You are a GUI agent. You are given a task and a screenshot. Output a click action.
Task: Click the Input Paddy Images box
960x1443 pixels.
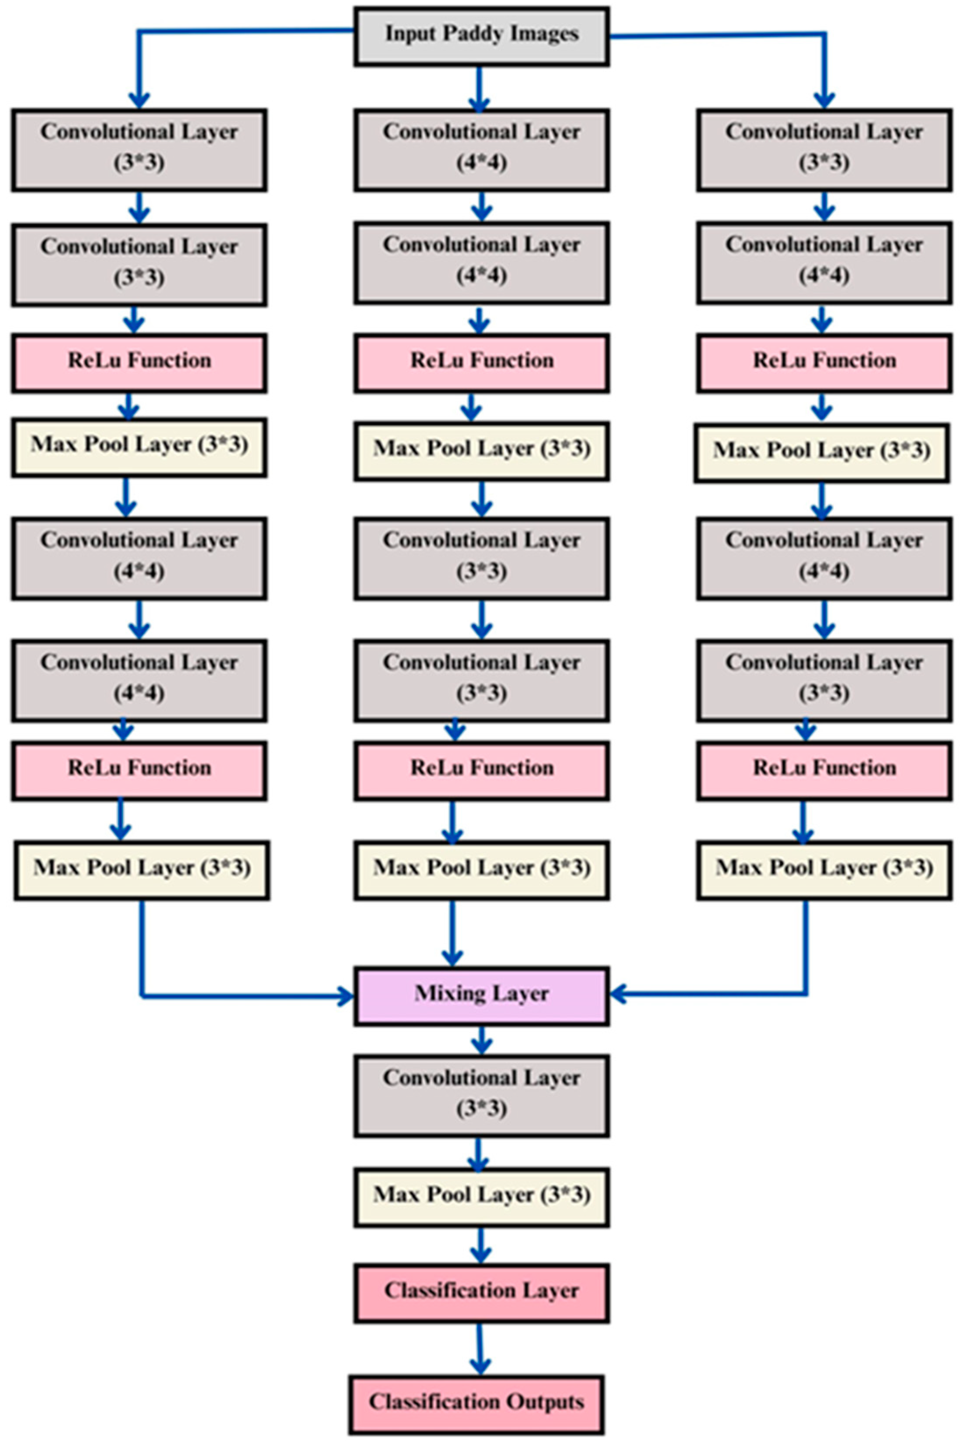coord(481,36)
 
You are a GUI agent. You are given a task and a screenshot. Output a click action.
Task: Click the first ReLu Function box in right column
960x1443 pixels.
coord(824,362)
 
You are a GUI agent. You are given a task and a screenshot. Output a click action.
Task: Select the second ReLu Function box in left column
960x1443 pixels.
coord(139,770)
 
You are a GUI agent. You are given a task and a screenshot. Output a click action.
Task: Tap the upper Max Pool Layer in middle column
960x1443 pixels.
coord(481,450)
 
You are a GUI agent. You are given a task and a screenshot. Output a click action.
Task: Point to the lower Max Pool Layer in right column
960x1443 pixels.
coord(824,870)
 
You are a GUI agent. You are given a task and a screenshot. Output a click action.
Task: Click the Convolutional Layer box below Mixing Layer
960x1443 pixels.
coord(481,1095)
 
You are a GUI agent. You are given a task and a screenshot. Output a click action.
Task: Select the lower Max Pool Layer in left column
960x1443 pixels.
coord(142,870)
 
